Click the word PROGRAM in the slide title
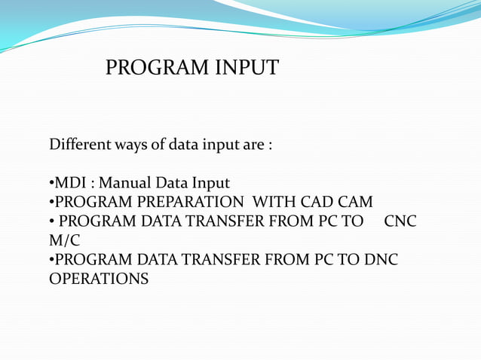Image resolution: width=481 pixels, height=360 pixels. coord(151,69)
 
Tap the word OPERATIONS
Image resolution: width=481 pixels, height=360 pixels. coord(99,279)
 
